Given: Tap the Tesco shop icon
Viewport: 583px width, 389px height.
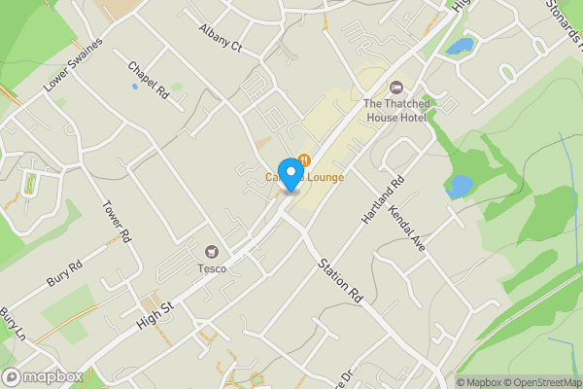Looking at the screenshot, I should tap(213, 252).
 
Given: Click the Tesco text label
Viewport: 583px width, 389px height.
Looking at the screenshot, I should tap(213, 268).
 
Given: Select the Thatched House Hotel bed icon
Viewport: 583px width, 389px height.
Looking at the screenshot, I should tap(395, 88).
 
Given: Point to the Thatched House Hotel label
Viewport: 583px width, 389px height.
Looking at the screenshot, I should tap(395, 110).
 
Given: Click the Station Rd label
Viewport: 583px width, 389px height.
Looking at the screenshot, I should tap(341, 282).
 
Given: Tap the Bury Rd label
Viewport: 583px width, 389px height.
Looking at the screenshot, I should tap(64, 272).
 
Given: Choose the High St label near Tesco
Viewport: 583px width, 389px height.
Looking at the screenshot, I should tap(154, 312).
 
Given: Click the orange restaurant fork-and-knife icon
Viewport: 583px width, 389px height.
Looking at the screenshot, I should tap(305, 159).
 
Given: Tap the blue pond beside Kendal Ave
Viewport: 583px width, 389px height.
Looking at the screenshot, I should tap(459, 186).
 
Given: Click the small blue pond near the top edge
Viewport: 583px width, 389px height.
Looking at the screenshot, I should tap(459, 46).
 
